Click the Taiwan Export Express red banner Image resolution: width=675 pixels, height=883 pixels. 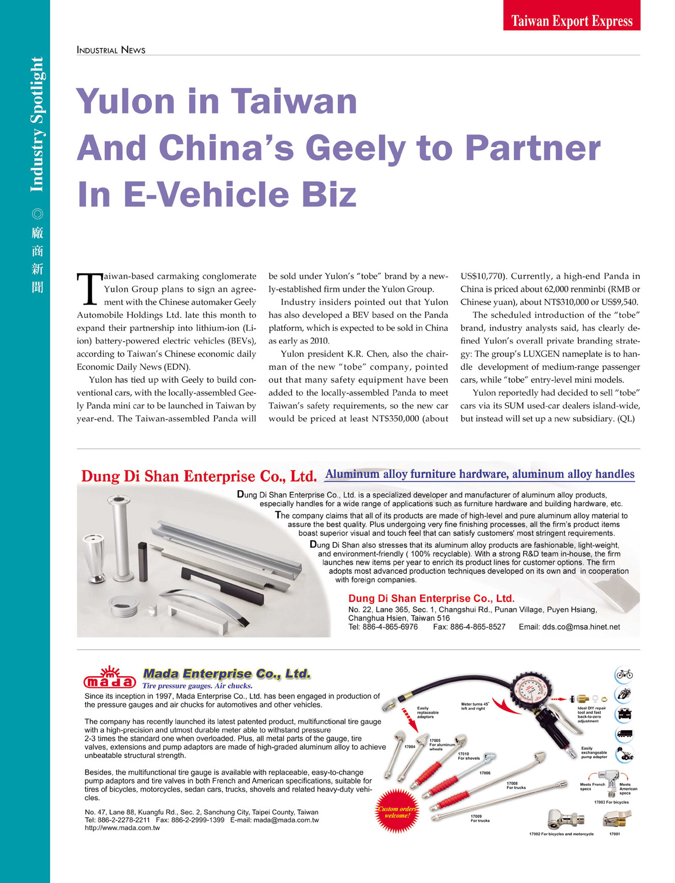(572, 20)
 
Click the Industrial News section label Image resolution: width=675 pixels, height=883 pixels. (111, 50)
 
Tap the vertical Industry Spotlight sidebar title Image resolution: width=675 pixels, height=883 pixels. (37, 125)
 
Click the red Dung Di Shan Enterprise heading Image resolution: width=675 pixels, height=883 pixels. (199, 477)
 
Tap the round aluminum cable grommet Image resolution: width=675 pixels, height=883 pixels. (124, 606)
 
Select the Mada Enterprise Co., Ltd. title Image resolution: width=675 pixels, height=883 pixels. (227, 674)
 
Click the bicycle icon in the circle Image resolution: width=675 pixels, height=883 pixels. (624, 674)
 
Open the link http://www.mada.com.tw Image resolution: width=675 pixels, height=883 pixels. (122, 828)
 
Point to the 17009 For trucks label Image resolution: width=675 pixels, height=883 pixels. (479, 818)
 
